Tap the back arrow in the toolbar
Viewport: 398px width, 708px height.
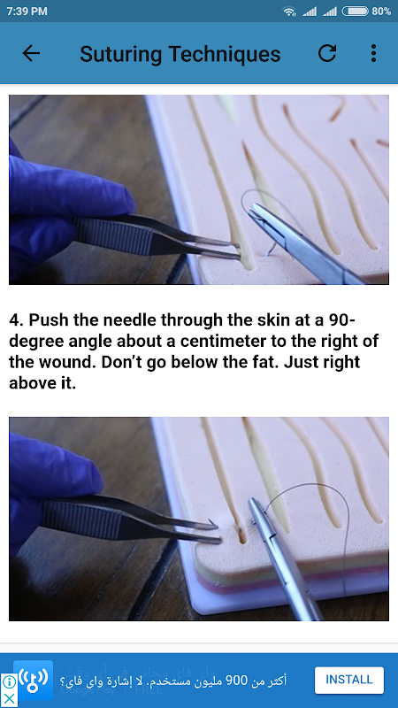click(31, 53)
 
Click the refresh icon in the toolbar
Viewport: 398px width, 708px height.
click(327, 53)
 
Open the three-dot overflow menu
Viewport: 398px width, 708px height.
click(373, 53)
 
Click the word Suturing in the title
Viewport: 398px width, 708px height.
click(120, 55)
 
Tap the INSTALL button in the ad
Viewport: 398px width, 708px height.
click(349, 680)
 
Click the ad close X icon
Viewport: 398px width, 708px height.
click(9, 699)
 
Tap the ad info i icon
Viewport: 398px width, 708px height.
click(9, 681)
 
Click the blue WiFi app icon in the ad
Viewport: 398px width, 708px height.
click(33, 680)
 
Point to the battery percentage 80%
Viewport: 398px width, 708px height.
click(381, 12)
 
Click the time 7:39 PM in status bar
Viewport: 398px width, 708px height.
click(27, 12)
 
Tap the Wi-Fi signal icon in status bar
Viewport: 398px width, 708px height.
click(289, 12)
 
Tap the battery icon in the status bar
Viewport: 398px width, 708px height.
click(356, 12)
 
